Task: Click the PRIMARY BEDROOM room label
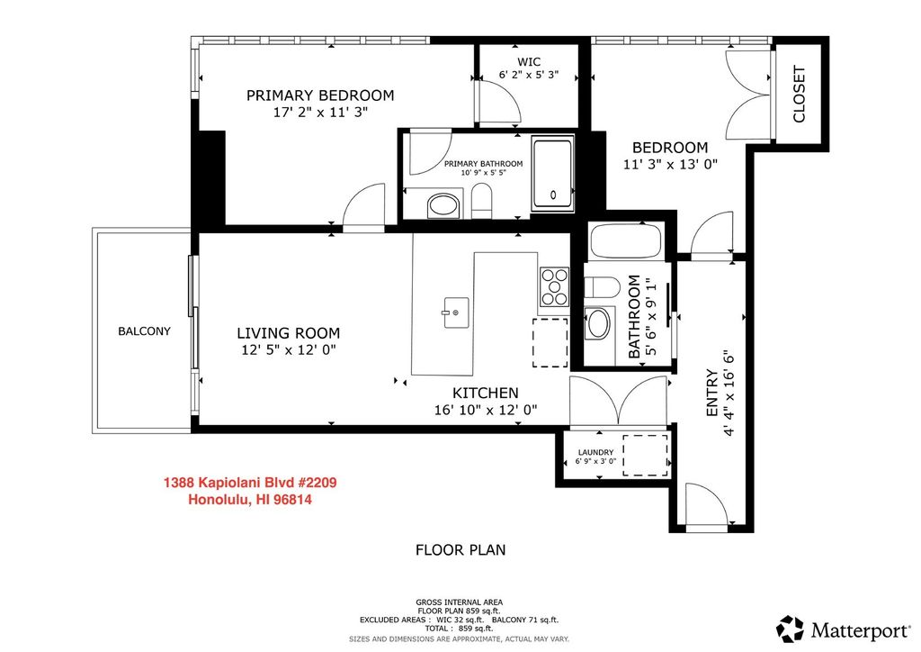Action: coord(320,95)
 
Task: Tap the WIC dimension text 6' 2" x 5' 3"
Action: coord(529,75)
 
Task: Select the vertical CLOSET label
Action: coord(799,94)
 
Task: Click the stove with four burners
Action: coord(554,287)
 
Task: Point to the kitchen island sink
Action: coord(455,312)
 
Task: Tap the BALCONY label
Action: coord(144,331)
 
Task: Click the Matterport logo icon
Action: coord(790,629)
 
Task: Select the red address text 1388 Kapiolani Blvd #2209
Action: coord(250,484)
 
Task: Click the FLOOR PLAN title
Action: coord(460,549)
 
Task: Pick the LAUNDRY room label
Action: coord(595,452)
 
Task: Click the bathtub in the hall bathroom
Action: coord(626,241)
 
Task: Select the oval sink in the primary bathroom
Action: coord(444,205)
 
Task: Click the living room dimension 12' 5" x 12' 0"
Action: coord(289,350)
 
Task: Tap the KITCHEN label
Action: coord(485,393)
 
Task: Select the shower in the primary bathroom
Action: coord(553,175)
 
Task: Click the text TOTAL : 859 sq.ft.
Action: coord(460,629)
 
